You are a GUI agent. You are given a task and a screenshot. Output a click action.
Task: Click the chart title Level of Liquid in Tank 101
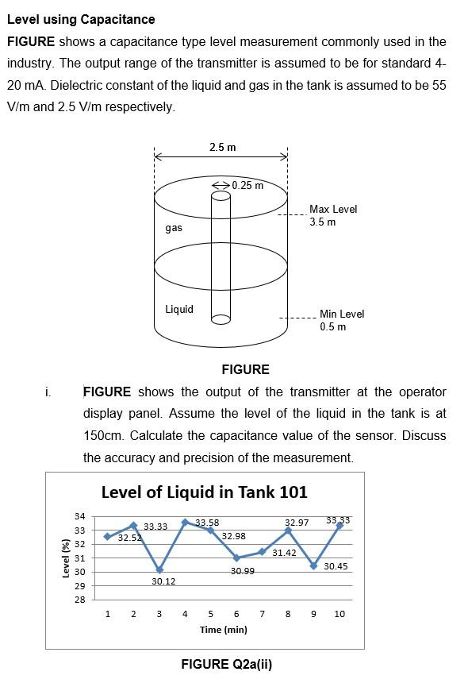pos(204,492)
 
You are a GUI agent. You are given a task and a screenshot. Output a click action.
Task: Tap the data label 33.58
pos(207,523)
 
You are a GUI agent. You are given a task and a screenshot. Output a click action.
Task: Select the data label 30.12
pos(163,581)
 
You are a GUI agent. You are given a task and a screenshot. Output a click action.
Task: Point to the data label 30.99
pos(243,571)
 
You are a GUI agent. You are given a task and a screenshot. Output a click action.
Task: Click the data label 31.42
pos(283,552)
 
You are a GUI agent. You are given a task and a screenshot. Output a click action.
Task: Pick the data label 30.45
pos(336,566)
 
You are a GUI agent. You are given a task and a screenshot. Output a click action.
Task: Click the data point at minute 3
pos(159,569)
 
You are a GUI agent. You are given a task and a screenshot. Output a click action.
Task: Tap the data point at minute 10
pos(339,525)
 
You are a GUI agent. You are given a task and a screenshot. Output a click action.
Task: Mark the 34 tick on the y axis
pos(79,517)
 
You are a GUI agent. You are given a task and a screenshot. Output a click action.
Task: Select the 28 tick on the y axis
pos(79,599)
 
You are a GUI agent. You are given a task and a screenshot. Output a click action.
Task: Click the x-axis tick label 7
pos(263,614)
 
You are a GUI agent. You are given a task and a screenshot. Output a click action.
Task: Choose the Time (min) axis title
pos(224,630)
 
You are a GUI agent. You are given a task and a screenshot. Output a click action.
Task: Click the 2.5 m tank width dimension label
pos(222,147)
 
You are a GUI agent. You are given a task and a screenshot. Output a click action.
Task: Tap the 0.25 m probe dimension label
pos(247,185)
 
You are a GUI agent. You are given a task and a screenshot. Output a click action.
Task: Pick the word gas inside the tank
pos(174,228)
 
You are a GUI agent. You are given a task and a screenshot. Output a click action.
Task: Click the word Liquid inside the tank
pos(178,309)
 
